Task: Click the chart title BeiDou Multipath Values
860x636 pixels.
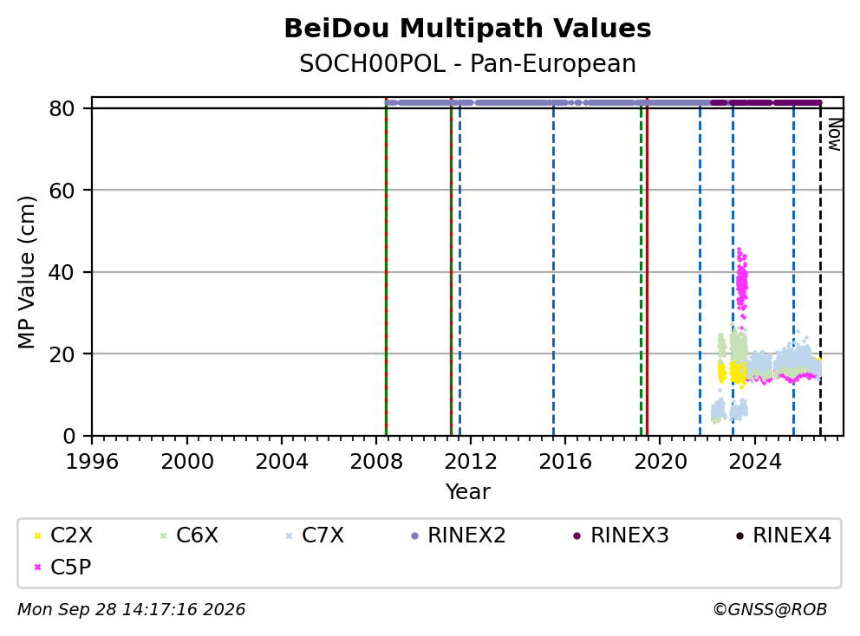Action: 467,29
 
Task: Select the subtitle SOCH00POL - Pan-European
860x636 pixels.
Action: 467,63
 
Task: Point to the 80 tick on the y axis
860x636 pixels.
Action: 62,108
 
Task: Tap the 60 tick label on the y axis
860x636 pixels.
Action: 62,191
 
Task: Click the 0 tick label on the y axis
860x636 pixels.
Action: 69,436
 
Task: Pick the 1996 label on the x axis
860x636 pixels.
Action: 92,462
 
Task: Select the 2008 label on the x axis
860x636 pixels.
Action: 376,462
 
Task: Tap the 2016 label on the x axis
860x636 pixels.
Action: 565,462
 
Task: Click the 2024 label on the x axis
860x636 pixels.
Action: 755,462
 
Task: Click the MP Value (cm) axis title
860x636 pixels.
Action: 26,272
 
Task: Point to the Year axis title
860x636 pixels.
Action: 467,492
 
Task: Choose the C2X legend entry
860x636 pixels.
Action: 63,535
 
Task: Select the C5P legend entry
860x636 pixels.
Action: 62,567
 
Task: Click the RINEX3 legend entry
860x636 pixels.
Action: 621,535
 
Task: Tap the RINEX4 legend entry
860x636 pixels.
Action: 783,535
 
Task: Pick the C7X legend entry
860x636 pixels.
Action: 315,535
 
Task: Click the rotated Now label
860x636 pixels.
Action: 834,134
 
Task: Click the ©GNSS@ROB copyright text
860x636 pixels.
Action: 770,609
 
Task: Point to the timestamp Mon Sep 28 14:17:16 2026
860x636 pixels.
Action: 132,609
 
